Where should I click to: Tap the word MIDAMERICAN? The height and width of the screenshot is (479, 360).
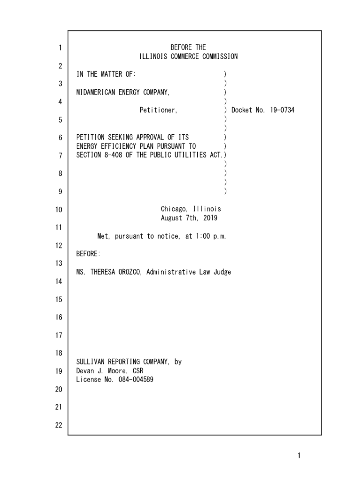click(x=95, y=92)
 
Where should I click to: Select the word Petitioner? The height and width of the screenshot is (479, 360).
click(x=158, y=110)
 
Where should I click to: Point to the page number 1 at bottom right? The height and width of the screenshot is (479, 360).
click(x=299, y=456)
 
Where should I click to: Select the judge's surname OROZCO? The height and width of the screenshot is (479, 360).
click(x=129, y=272)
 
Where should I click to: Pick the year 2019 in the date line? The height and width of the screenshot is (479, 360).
click(x=209, y=218)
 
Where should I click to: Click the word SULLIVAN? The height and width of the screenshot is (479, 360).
click(x=91, y=362)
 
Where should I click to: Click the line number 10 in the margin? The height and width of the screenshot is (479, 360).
click(x=59, y=210)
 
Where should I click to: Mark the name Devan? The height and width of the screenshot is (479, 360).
click(x=85, y=370)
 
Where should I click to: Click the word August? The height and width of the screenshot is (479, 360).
click(x=172, y=218)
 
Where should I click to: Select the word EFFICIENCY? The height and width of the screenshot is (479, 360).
click(x=115, y=146)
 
